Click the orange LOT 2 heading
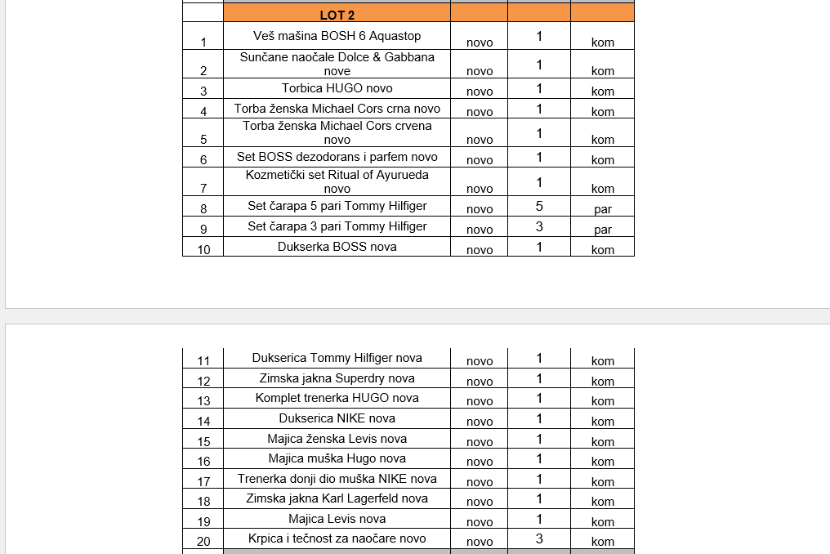pos(337,15)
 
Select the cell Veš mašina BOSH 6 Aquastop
pos(337,36)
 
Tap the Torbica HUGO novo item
pos(337,88)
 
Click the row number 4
pos(203,112)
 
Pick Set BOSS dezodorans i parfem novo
pos(337,157)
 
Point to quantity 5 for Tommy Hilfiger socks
pos(539,207)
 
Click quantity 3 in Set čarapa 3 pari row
pos(539,227)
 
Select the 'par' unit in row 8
pos(603,209)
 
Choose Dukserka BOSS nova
pos(337,247)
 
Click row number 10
pos(203,250)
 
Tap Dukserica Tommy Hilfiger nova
pos(337,358)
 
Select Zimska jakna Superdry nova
pos(337,378)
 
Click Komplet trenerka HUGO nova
pos(337,398)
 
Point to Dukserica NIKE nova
pos(337,418)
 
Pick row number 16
pos(203,462)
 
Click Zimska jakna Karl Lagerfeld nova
pos(337,498)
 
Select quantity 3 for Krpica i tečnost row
pos(539,538)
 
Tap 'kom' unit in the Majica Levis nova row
pos(603,521)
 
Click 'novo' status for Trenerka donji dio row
pos(480,481)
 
